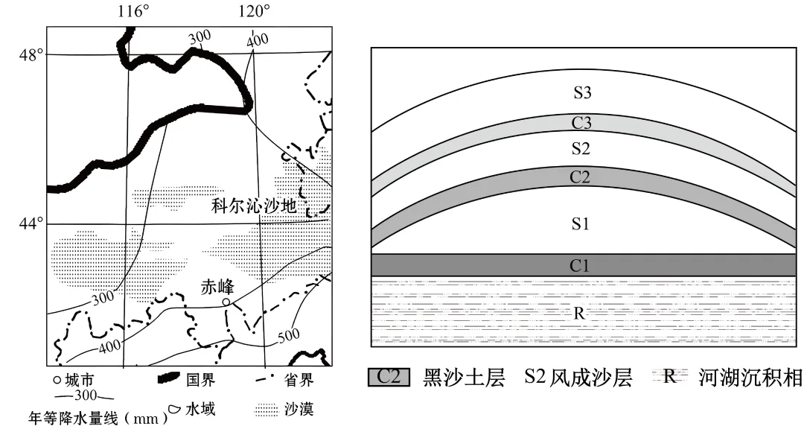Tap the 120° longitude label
pos(254,11)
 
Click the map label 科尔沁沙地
pos(254,206)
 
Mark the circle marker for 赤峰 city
pos(226,302)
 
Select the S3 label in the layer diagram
pos(582,93)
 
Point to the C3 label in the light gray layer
pos(582,123)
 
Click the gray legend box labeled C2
pos(389,377)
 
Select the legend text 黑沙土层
pos(452,377)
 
